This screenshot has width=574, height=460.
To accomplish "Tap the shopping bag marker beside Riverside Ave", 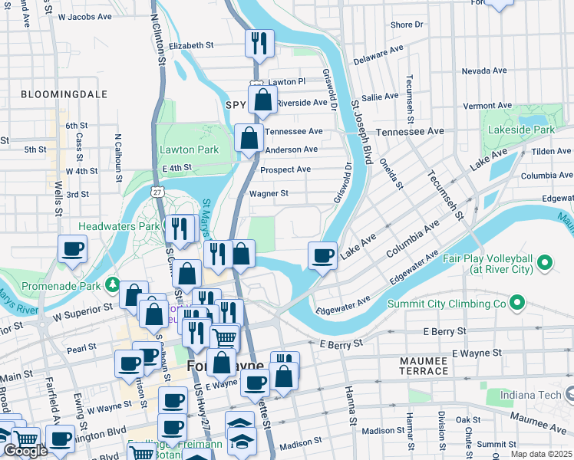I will click(x=262, y=100).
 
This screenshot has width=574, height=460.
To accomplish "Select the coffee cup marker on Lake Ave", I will click(x=322, y=255).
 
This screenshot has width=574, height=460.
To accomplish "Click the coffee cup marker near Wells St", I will click(x=72, y=249).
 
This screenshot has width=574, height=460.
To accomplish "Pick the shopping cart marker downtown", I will click(x=224, y=337).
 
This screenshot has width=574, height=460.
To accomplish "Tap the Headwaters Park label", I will click(x=119, y=227).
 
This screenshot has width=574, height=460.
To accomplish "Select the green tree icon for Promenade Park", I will click(x=112, y=285).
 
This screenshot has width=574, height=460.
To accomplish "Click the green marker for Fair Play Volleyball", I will click(x=545, y=264).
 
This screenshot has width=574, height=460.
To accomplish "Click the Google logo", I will click(x=25, y=451).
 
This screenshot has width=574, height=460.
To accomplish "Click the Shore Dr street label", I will click(x=406, y=25).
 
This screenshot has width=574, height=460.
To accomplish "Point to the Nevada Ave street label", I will click(x=484, y=71).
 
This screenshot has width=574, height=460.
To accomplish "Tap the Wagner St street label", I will click(x=269, y=194).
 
